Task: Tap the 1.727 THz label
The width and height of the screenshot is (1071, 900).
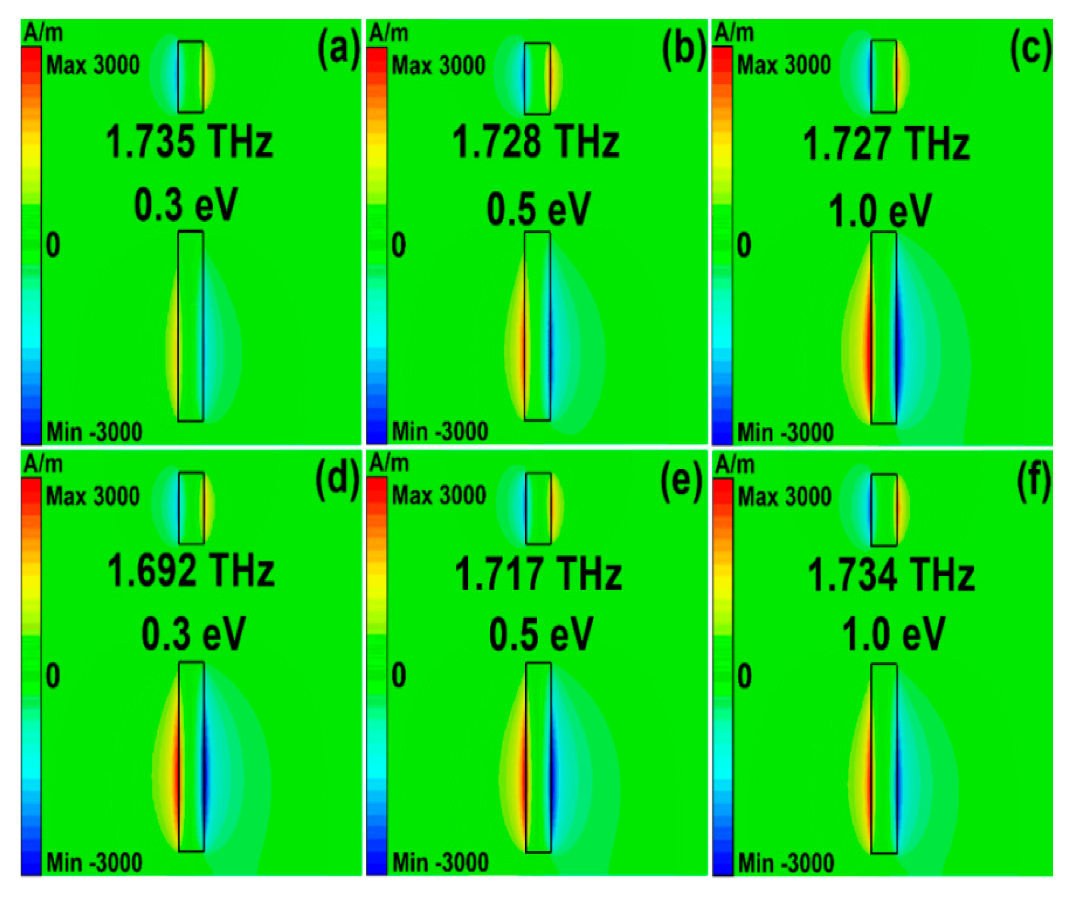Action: [886, 144]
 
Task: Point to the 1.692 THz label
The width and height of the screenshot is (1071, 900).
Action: [191, 571]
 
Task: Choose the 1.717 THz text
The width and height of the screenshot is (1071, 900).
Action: [538, 574]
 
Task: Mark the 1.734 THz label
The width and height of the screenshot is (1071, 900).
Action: [892, 575]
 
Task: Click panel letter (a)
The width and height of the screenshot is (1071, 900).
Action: [339, 49]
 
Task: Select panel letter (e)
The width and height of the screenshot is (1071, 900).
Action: [682, 481]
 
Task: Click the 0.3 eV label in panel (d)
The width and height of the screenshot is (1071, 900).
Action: [193, 634]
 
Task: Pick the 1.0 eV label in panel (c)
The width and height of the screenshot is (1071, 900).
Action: [880, 210]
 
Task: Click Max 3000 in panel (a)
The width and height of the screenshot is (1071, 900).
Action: [93, 65]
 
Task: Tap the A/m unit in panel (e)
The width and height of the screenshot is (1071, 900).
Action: [389, 463]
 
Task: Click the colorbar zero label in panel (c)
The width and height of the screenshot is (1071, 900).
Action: [744, 245]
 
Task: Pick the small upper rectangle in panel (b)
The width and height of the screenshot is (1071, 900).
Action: [537, 78]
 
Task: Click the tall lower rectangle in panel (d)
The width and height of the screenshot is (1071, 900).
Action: [191, 757]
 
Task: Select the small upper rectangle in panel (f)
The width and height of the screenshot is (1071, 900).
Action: [884, 510]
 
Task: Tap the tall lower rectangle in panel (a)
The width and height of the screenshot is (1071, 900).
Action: [190, 326]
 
